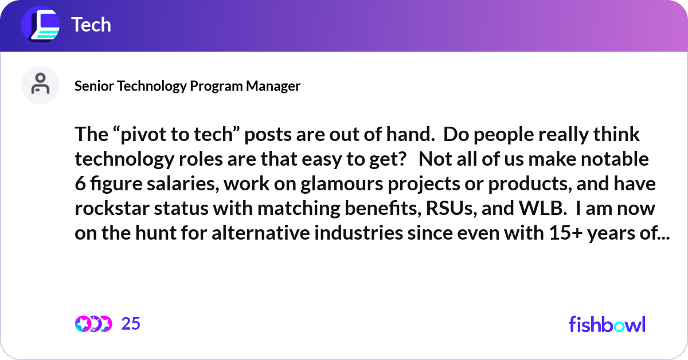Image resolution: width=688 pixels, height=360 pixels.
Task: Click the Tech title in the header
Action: (x=91, y=25)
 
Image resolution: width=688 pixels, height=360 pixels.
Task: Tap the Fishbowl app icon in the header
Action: (x=41, y=25)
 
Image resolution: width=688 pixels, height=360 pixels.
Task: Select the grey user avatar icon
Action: (x=40, y=85)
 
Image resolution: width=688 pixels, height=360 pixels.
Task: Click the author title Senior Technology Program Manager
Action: (x=187, y=86)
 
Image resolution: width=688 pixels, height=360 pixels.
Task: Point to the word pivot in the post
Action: (x=136, y=136)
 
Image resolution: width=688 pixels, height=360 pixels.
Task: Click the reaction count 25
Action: (x=131, y=324)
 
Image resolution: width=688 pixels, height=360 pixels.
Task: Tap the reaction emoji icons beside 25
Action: (x=93, y=324)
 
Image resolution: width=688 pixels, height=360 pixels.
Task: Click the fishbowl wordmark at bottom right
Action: (x=607, y=324)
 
